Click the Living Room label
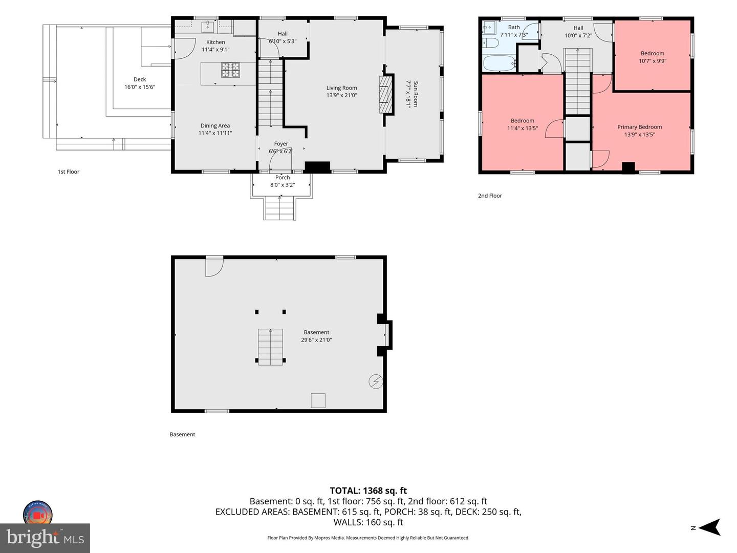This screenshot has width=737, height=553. pos(341,88)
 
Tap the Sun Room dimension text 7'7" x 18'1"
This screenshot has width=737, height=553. pos(408,94)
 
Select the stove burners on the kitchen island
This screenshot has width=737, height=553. pos(230,70)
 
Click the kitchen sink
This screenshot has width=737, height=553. pos(207,26)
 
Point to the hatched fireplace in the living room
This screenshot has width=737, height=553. pos(386,94)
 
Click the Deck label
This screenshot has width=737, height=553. pos(140,79)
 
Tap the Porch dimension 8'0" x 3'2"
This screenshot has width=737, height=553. pos(283,185)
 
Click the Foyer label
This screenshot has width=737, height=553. pos(281,144)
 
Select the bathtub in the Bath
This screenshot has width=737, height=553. pos(500,63)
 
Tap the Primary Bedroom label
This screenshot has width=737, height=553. pos(639,127)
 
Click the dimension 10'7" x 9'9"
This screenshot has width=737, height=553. pos(653,61)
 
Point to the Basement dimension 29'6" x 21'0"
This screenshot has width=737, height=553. pos(316,340)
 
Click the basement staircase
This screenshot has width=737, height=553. pos(270,347)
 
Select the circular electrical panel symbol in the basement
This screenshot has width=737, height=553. pos(376,381)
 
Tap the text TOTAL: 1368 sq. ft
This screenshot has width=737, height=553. pos(368,491)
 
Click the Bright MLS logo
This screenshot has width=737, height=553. pos(45,538)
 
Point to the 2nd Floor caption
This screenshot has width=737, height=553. pos(490,196)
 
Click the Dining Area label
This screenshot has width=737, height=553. pos(215,125)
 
